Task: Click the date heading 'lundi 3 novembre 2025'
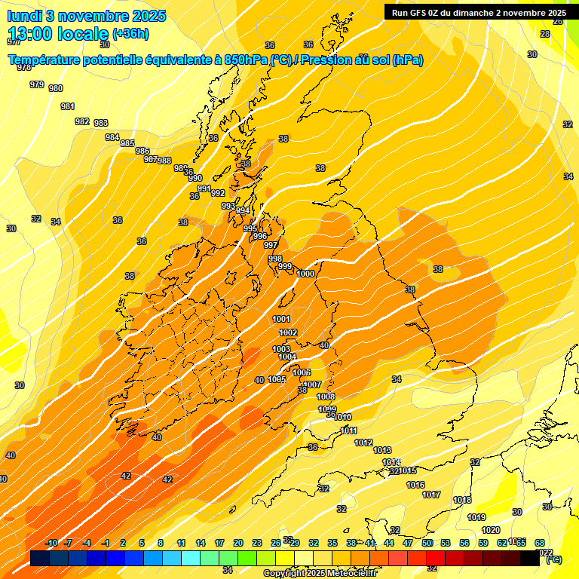pos(87,16)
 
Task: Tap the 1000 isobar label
pos(305,274)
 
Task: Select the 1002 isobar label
pos(288,332)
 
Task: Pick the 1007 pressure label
pos(312,385)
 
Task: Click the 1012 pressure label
pos(363,443)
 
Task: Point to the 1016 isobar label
pos(415,485)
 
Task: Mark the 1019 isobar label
pos(476,517)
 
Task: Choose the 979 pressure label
pos(37,84)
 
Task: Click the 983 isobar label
pos(101,123)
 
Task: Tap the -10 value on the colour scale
pos(51,543)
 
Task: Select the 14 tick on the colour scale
pos(201,543)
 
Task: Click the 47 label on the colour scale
pos(408,543)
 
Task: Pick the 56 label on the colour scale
pos(464,543)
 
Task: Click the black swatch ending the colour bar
pos(530,559)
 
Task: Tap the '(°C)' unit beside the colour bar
pos(553,559)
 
